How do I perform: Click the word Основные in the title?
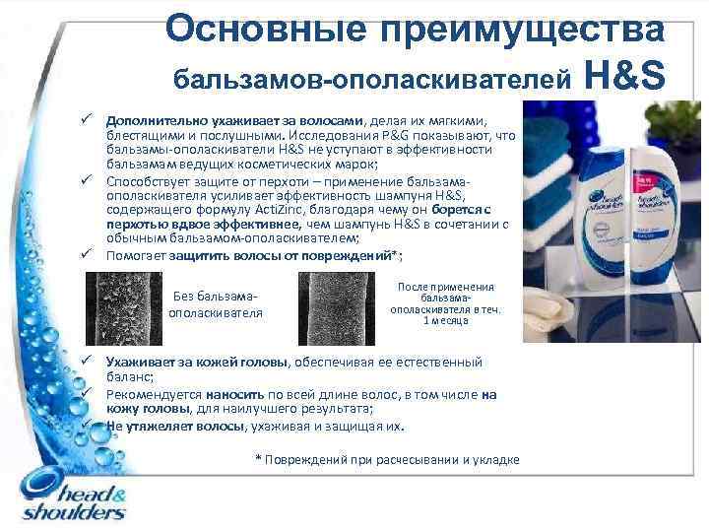(259, 29)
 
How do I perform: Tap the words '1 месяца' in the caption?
(445, 320)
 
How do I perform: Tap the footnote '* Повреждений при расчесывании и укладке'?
(386, 460)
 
